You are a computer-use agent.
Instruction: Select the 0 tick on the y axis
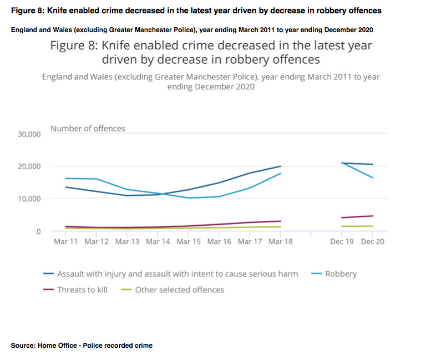click(x=38, y=231)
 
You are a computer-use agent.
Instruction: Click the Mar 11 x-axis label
click(x=65, y=241)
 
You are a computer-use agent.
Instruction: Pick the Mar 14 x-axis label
click(x=158, y=241)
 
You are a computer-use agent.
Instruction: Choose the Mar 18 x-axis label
click(x=280, y=241)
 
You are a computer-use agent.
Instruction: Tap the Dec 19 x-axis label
click(x=342, y=241)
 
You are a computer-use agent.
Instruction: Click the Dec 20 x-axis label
click(x=372, y=241)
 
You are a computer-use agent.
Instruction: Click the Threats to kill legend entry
click(x=82, y=290)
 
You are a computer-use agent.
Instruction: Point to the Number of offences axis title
click(x=88, y=129)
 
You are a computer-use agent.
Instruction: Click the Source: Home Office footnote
click(x=82, y=345)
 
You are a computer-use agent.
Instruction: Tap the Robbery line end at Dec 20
click(x=372, y=178)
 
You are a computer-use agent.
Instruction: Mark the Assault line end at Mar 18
click(x=281, y=166)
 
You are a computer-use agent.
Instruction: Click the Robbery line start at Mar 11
click(x=65, y=178)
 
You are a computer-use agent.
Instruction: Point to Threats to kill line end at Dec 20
click(x=372, y=216)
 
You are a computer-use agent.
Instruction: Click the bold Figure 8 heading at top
click(x=196, y=11)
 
